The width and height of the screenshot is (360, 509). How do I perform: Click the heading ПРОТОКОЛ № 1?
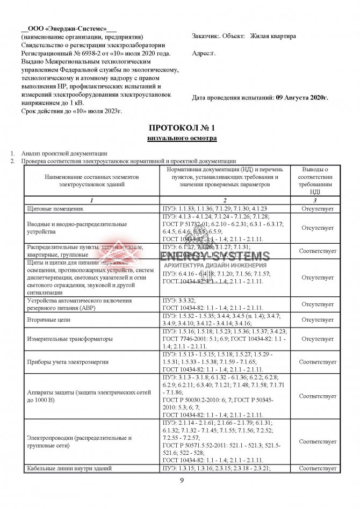coord(181,128)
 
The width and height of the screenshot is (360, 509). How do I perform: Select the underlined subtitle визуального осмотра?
coord(182,139)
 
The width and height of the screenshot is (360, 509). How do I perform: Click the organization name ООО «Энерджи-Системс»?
coord(68,28)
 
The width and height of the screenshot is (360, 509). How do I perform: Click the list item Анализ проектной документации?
coord(64,154)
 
